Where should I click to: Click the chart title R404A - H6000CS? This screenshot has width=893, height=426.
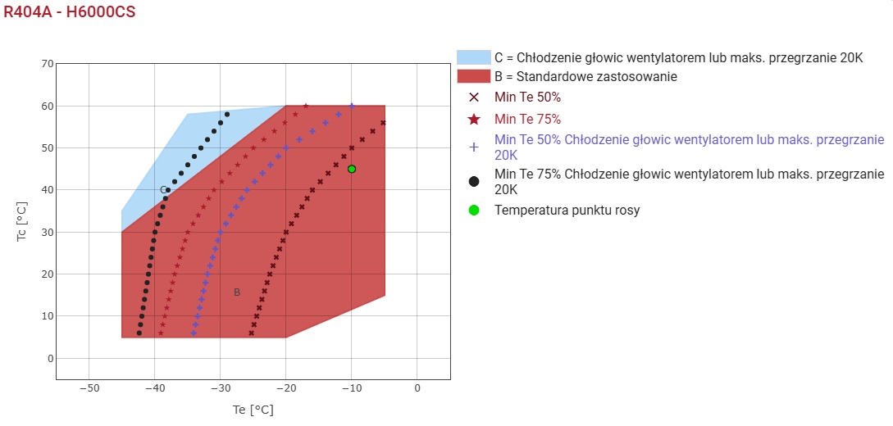pos(70,12)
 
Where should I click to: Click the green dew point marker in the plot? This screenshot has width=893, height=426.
pos(352,169)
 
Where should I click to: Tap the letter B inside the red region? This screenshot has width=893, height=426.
pos(237,292)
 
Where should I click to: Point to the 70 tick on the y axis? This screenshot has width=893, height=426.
pos(47,64)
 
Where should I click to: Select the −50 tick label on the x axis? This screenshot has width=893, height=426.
pos(89,387)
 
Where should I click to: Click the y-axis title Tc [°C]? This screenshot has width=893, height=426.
pos(21,222)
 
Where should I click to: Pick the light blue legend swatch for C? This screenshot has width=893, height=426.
pos(473,57)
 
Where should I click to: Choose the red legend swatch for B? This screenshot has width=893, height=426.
pos(473,76)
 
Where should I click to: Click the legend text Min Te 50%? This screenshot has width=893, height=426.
pos(528,97)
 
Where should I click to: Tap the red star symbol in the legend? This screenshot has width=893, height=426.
pos(473,120)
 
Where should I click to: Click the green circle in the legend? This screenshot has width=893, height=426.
pos(473,211)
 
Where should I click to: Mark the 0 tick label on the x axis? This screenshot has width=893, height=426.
pos(417,387)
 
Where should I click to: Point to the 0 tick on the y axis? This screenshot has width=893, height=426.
pos(50,358)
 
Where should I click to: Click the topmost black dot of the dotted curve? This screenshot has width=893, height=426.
pos(227,115)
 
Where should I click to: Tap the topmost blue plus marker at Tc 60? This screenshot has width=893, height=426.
pos(352,106)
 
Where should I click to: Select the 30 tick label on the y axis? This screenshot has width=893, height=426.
pos(47,232)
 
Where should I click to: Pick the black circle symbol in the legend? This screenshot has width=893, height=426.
pos(473,181)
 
